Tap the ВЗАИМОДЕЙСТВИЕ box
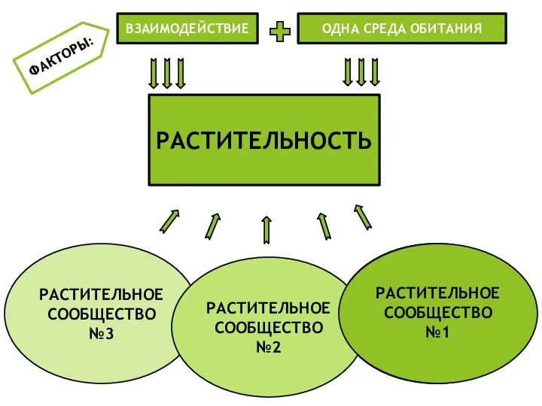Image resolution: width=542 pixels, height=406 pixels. [187, 29]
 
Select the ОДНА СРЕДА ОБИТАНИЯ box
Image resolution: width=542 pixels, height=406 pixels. [402, 29]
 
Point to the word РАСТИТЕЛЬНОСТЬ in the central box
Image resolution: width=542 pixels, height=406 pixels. [263, 141]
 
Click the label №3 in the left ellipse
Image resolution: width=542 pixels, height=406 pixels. [101, 332]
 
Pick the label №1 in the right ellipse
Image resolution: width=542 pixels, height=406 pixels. [437, 331]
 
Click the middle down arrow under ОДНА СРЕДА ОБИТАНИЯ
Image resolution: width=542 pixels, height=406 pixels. [361, 72]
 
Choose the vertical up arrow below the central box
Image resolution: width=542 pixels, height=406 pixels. [266, 230]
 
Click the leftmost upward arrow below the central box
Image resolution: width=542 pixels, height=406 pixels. [169, 221]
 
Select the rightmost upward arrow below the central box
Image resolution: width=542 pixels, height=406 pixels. [363, 216]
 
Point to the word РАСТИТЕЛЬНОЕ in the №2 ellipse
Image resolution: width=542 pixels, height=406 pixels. [268, 308]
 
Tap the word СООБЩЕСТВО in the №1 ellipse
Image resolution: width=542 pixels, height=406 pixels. [437, 312]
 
